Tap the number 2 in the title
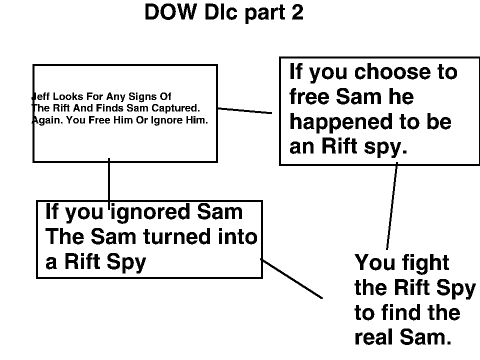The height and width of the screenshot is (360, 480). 297,12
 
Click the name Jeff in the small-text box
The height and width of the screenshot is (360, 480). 41,97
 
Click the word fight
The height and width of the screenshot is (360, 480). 423,263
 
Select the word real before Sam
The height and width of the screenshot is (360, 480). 374,337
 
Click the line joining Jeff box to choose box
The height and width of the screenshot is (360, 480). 245,111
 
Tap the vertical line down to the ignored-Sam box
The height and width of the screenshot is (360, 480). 109,184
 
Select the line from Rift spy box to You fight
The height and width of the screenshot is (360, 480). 392,206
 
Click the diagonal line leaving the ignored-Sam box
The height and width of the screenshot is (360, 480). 292,278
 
